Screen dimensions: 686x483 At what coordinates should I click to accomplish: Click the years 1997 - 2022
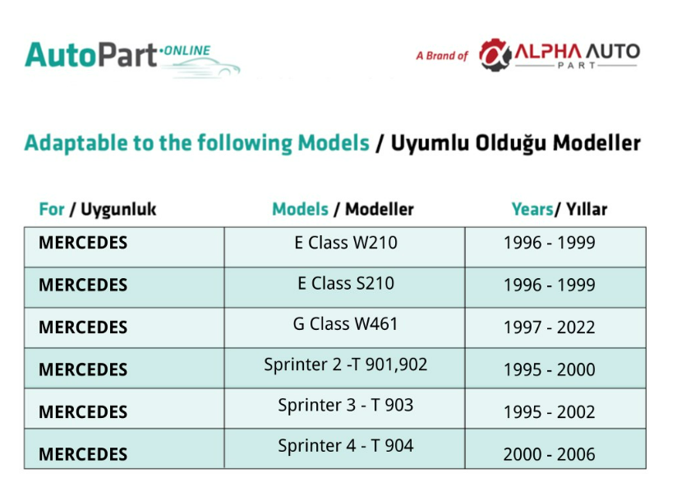[x=549, y=327]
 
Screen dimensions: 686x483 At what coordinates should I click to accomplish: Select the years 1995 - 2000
[x=549, y=370]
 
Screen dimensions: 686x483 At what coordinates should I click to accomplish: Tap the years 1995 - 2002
[x=549, y=412]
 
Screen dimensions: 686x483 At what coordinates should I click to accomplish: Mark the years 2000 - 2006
[x=549, y=454]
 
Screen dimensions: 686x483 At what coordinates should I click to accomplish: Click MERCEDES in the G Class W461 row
[x=83, y=327]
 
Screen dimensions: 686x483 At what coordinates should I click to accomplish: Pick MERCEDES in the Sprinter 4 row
[x=83, y=454]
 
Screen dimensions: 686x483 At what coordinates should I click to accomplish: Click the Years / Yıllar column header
[x=559, y=210]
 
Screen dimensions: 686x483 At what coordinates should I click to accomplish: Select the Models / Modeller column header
[x=343, y=210]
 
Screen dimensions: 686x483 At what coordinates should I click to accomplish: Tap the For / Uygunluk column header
[x=98, y=210]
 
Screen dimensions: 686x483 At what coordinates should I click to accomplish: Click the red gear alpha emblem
[x=495, y=55]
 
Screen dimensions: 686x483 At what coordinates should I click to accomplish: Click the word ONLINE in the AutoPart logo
[x=186, y=50]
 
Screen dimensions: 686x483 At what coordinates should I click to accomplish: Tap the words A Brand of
[x=442, y=56]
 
